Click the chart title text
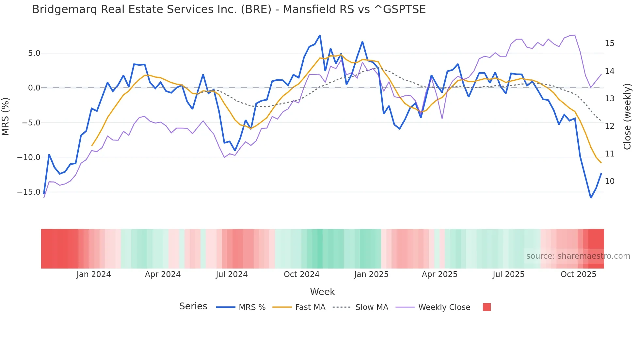point(229,9)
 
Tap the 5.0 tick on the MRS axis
point(34,53)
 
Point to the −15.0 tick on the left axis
point(29,192)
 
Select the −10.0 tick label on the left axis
point(29,157)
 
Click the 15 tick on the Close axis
point(609,43)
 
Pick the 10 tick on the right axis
point(609,181)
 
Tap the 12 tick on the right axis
point(609,126)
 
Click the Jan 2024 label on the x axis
point(94,274)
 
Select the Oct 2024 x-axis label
point(301,274)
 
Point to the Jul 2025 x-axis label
point(508,274)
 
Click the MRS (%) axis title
point(6,117)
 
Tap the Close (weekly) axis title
point(627,117)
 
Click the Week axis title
point(322,292)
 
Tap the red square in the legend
point(487,307)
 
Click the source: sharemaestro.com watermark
point(578,256)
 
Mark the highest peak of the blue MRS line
point(320,35)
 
